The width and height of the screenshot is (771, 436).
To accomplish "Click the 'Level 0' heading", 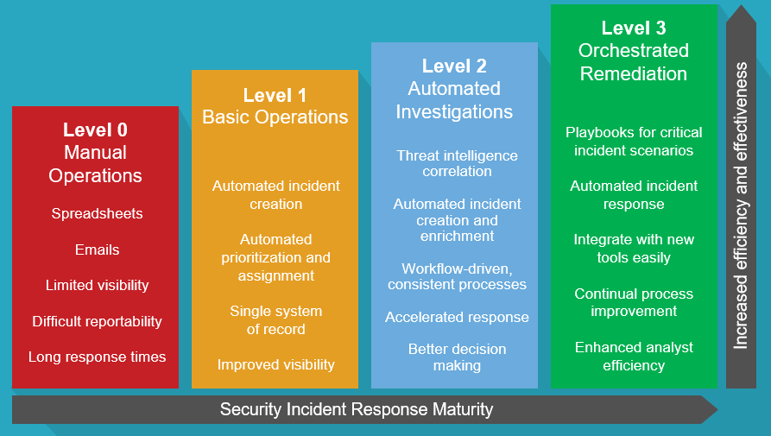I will point(95,130).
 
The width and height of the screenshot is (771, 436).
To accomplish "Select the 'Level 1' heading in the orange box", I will point(275,95).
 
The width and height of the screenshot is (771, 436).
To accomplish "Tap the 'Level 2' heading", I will point(454,66).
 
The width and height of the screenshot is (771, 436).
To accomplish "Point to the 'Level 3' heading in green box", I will point(634,28).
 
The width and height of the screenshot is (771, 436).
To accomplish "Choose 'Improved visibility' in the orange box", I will point(275,364).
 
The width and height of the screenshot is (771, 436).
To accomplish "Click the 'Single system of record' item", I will point(275,319).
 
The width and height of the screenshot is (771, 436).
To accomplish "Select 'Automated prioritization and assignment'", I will point(275,257).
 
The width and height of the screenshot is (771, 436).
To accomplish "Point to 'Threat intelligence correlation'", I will point(457,163).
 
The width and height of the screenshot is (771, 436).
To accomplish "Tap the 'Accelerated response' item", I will point(457,317).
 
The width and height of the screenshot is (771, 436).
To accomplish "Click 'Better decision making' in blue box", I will point(457,357).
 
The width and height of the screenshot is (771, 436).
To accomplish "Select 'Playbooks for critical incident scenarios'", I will point(634,141).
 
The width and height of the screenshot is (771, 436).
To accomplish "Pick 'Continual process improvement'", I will point(634,302).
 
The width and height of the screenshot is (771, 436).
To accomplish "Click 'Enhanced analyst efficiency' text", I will point(634,356).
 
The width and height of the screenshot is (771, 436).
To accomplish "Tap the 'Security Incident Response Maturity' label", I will point(357,409).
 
